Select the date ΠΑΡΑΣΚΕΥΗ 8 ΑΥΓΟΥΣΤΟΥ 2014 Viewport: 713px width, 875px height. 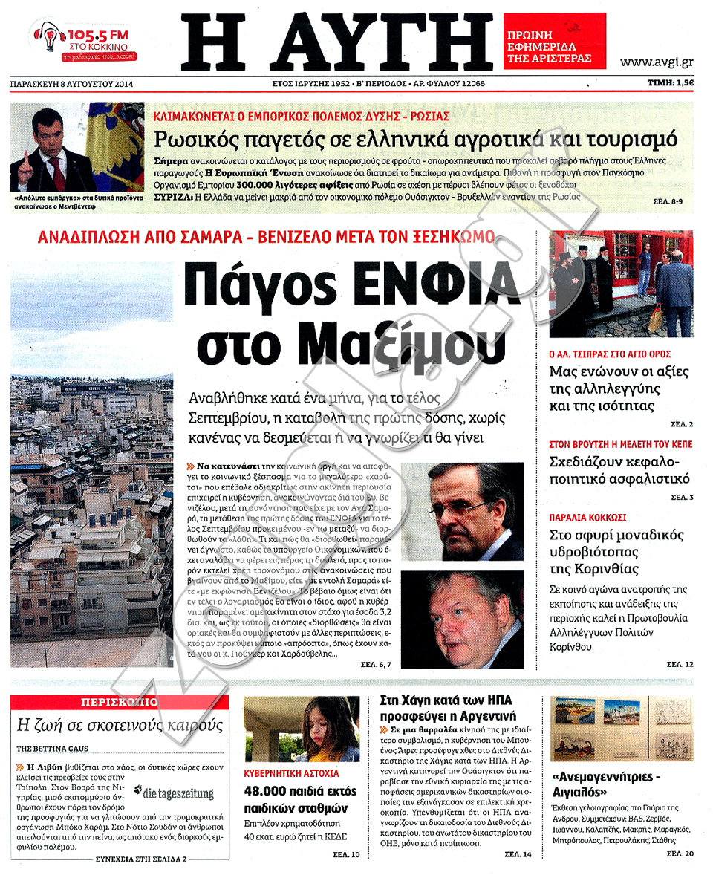[x=68, y=84]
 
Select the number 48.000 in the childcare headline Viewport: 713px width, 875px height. [x=269, y=792]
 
